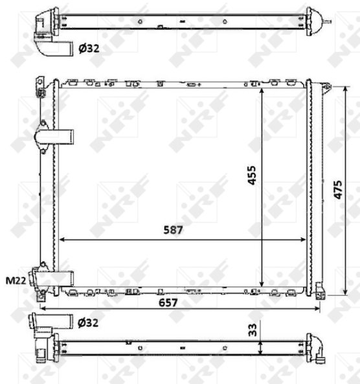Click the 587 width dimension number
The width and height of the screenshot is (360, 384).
(173, 230)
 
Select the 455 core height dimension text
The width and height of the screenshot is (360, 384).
(252, 175)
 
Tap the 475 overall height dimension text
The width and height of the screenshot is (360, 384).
(338, 190)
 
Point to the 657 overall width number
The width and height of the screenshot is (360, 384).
(168, 302)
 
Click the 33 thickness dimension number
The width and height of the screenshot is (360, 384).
(253, 330)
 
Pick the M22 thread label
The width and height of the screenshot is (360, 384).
(16, 280)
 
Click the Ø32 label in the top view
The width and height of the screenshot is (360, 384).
(89, 49)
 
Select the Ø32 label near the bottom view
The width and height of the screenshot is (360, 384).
(88, 323)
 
